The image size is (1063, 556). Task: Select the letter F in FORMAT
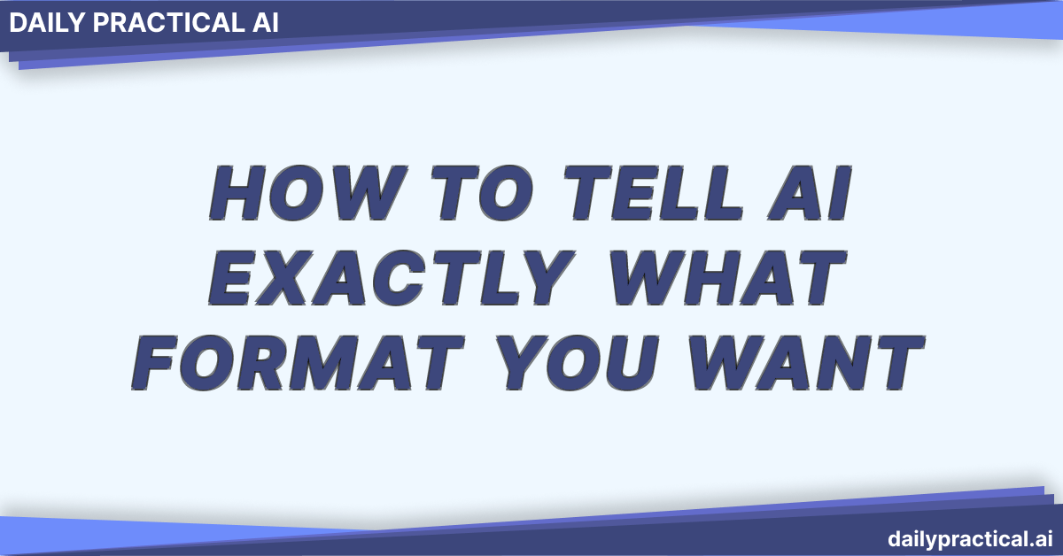click(165, 363)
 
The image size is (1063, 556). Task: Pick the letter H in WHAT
click(700, 277)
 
